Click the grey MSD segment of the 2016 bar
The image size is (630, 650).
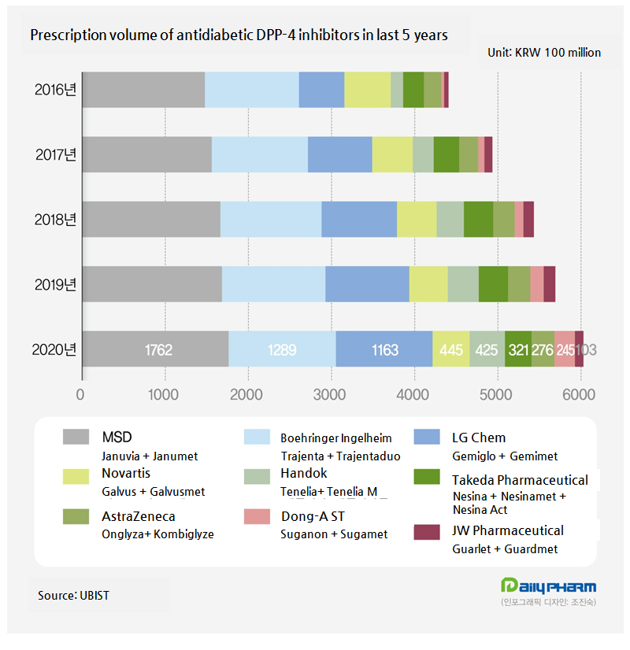click(x=143, y=90)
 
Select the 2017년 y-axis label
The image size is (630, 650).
click(x=55, y=154)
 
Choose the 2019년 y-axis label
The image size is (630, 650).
click(x=55, y=284)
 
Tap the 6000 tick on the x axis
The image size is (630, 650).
click(x=580, y=393)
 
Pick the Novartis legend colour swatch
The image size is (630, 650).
click(x=76, y=475)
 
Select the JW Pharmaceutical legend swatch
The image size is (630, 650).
click(x=426, y=533)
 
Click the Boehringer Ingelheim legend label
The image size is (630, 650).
click(x=341, y=438)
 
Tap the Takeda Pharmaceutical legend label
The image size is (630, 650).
click(x=520, y=480)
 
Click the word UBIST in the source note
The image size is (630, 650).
click(x=94, y=596)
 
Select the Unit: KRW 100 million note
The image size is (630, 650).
click(x=544, y=53)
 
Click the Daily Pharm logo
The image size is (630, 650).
click(x=548, y=587)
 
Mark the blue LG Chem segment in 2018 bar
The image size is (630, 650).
click(x=358, y=219)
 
